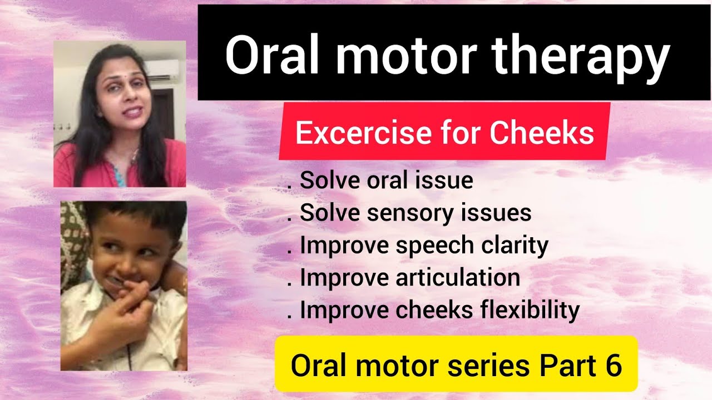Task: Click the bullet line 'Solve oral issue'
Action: coord(386,181)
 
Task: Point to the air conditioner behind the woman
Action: coord(164,69)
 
